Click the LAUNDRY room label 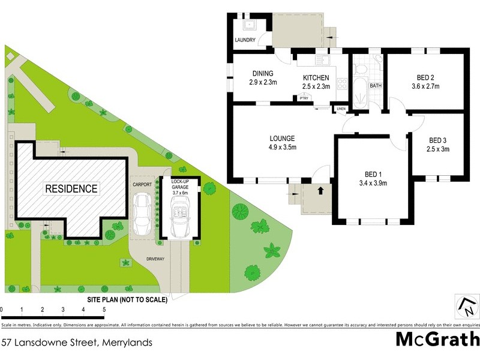[x=245, y=40]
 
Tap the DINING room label [x=263, y=74]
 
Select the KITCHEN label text [x=316, y=78]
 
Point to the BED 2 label [x=425, y=77]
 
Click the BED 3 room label [x=437, y=140]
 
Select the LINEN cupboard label [x=341, y=109]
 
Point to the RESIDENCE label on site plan [x=71, y=188]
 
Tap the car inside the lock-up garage [x=179, y=218]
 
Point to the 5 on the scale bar [x=104, y=310]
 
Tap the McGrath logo [x=437, y=340]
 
